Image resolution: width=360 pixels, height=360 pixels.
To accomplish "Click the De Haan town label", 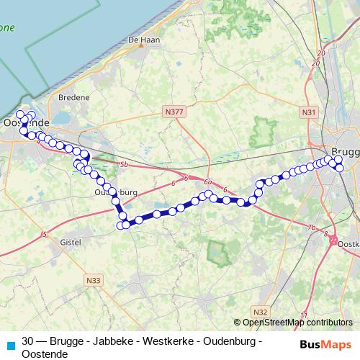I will coord(143,40).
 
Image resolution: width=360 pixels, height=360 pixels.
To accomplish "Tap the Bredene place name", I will coord(76,96).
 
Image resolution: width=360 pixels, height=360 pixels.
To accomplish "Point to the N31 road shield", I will coord(309,112).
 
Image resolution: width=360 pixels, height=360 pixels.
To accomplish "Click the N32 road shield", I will coord(261,311).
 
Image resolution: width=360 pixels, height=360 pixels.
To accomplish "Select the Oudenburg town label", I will coord(115,193).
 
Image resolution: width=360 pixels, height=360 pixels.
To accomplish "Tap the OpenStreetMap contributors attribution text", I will coord(297,323).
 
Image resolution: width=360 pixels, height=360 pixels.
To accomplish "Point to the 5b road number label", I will coord(124,165).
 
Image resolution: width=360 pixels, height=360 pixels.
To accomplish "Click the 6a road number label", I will coord(208,182).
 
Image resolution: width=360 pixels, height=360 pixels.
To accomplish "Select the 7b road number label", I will coord(312,228).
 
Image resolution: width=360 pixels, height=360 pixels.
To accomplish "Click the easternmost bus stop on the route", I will coord(341,168).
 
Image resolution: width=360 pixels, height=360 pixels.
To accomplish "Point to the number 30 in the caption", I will coord(28,341).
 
